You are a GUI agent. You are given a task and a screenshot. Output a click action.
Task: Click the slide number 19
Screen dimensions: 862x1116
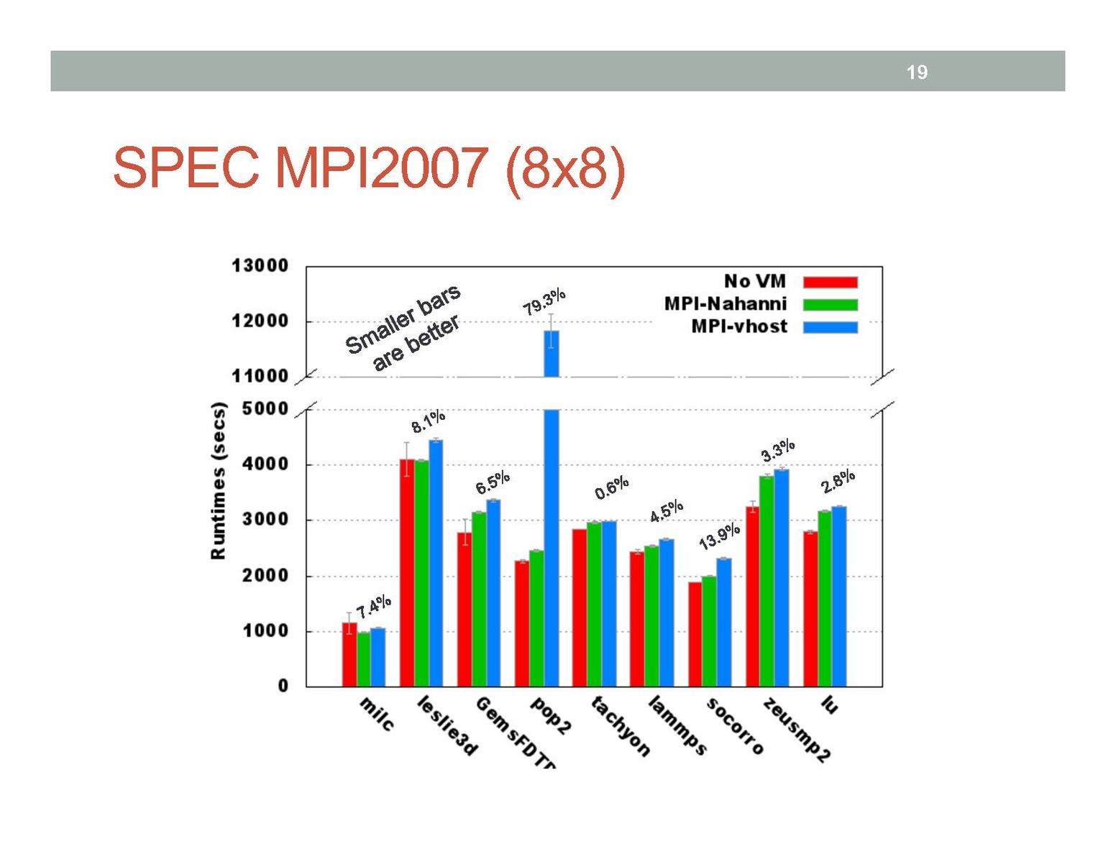click(916, 72)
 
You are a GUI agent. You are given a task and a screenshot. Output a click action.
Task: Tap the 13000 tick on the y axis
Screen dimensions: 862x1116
click(260, 266)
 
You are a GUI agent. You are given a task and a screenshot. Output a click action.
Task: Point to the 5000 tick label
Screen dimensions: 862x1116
click(260, 409)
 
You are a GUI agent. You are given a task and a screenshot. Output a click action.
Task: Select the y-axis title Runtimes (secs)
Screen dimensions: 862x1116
click(218, 480)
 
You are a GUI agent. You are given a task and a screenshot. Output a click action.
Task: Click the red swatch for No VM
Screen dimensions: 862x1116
click(830, 282)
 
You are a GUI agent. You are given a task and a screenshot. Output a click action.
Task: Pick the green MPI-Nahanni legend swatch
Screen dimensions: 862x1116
click(830, 305)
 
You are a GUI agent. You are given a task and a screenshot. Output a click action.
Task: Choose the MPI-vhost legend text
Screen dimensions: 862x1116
click(739, 326)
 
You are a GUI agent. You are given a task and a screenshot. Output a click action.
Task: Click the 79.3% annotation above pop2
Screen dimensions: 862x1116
click(544, 301)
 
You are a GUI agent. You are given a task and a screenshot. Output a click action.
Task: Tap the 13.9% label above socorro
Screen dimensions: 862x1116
click(719, 536)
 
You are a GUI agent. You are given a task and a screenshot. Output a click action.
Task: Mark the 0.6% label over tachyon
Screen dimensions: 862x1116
click(611, 487)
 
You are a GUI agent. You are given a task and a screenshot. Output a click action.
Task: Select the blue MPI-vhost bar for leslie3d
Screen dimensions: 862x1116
click(436, 563)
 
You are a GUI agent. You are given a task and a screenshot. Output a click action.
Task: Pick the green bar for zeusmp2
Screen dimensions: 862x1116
click(767, 581)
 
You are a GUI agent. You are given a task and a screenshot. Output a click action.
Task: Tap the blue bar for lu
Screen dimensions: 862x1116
click(839, 597)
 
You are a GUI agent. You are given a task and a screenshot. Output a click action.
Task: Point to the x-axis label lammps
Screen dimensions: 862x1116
click(677, 725)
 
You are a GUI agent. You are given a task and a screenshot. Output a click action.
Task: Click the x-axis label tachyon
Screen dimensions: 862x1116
click(620, 726)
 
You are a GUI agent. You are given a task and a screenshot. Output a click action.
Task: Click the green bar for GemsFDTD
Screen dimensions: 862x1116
click(479, 600)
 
